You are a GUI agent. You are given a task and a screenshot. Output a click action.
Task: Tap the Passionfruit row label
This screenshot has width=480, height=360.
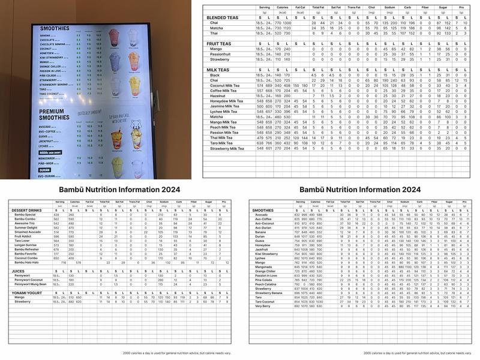coord(220,54)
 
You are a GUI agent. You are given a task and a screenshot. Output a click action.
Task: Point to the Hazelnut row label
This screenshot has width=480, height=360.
coord(218,96)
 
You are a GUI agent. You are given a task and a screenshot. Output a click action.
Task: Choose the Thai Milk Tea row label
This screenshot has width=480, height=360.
coord(222,138)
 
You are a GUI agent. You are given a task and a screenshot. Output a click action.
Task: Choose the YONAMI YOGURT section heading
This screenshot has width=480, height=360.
coord(29,292)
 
